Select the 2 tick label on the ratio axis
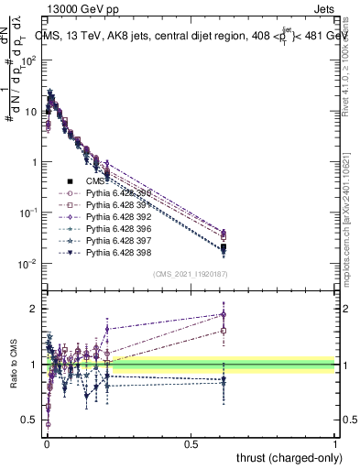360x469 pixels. [34, 309]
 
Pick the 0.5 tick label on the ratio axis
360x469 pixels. [29, 421]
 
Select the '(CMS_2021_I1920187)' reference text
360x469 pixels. [191, 273]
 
